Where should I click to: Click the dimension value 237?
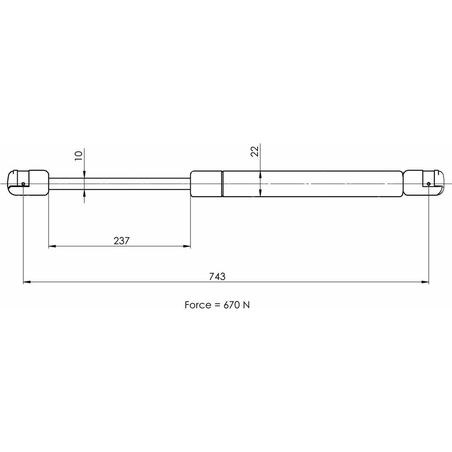(x=122, y=241)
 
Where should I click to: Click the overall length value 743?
(x=217, y=277)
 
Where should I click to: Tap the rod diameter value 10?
(x=78, y=155)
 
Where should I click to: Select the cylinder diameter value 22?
(x=255, y=151)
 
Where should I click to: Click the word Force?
(x=198, y=305)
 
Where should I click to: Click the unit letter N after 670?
(x=246, y=305)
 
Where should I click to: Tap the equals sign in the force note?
(x=217, y=305)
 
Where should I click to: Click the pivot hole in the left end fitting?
(x=23, y=184)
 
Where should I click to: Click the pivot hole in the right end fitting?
(x=428, y=184)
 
